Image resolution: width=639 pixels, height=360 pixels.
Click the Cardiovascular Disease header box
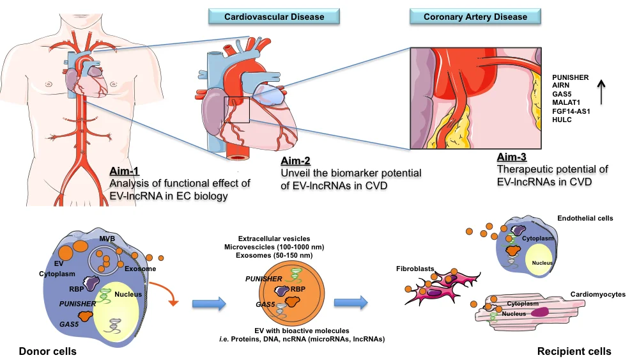click(275, 16)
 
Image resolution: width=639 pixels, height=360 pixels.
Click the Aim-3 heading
click(512, 157)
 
